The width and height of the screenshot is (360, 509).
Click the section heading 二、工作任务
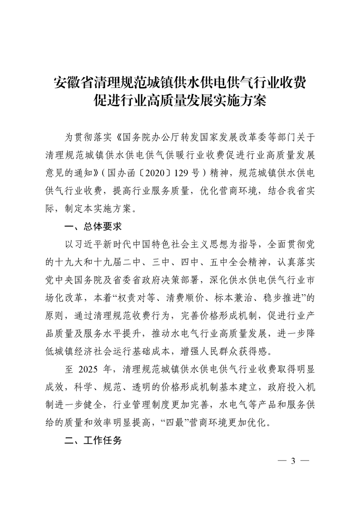pos(94,440)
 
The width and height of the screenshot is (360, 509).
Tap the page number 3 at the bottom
pos(293,461)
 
